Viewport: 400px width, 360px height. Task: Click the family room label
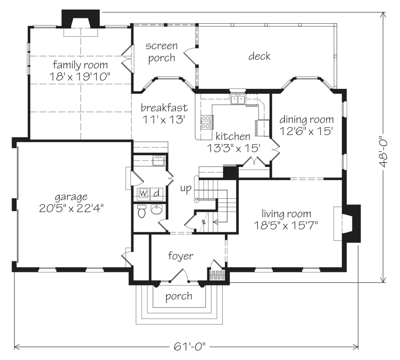80,65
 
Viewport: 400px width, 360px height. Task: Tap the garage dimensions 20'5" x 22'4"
72,209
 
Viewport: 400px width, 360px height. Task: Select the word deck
259,56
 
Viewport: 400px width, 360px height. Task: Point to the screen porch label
162,52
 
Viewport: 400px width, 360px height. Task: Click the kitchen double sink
238,99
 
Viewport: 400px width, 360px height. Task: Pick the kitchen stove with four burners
207,122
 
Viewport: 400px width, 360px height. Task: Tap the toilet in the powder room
141,211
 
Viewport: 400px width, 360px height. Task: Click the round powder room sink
156,210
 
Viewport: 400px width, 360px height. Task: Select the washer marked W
143,193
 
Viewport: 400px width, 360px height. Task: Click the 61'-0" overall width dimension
190,346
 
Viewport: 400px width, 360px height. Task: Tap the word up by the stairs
186,188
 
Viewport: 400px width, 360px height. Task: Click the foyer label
181,256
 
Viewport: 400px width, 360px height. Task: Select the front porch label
178,296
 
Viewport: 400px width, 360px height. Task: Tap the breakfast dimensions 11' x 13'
163,120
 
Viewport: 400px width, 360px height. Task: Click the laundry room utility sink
159,161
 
